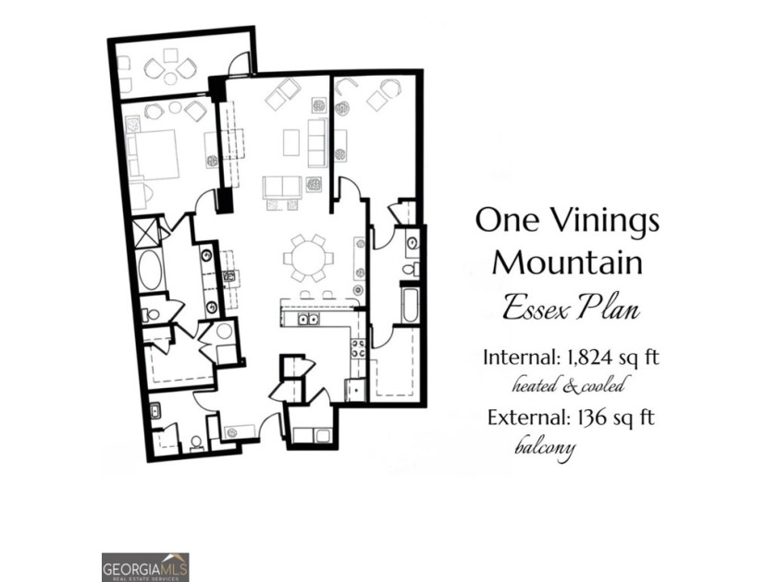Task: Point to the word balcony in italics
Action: (x=545, y=448)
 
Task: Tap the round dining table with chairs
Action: (x=306, y=258)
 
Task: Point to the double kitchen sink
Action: (x=306, y=320)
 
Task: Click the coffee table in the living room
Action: (x=291, y=141)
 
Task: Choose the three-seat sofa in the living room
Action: (x=317, y=139)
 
